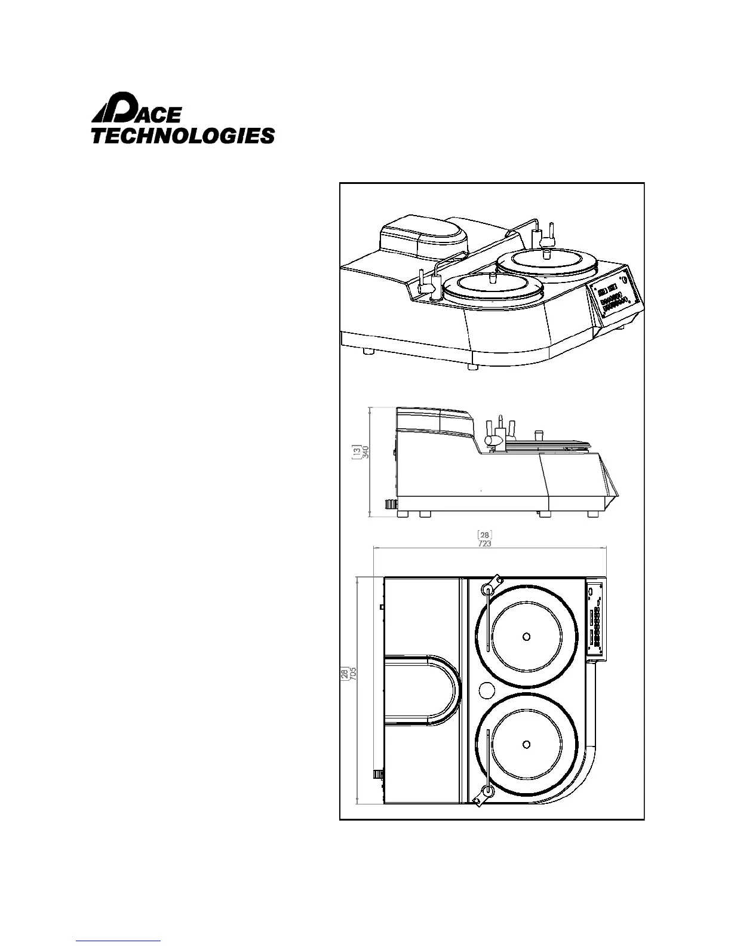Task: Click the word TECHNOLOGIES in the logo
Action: click(182, 136)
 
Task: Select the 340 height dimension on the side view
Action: click(365, 452)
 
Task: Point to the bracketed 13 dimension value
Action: click(357, 452)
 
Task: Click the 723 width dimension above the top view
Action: click(485, 544)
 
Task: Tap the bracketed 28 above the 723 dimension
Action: click(485, 535)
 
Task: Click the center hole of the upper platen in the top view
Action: click(526, 636)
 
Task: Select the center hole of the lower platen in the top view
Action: click(526, 744)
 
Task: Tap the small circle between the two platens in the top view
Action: click(487, 690)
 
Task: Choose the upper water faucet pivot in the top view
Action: click(488, 590)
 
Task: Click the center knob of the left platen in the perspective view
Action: click(493, 278)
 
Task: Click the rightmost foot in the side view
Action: click(593, 514)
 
